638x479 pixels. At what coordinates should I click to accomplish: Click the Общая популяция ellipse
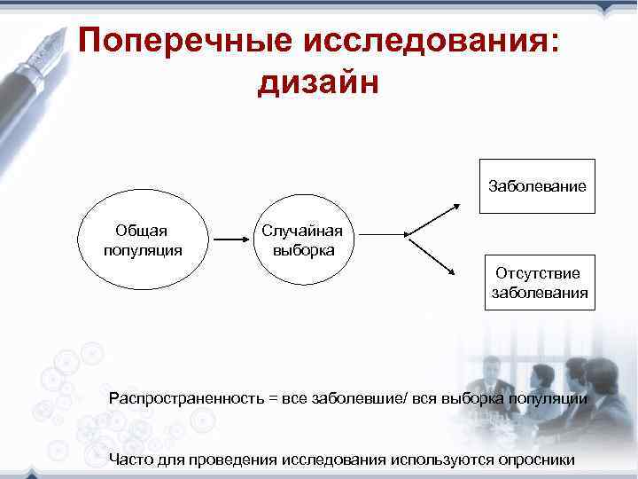coord(143,239)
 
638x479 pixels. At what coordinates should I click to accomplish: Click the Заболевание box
coord(537,186)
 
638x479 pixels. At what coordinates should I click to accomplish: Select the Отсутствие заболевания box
coord(538,282)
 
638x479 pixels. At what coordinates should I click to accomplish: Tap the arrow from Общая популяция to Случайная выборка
coord(233,239)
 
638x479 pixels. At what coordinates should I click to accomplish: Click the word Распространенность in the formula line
coord(185,398)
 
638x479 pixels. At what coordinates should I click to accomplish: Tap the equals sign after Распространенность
coord(270,398)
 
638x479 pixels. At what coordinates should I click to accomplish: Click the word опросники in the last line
coord(534,459)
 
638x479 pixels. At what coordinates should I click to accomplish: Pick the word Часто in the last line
coord(128,459)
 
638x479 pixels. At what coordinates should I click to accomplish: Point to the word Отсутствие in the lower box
coord(538,273)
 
